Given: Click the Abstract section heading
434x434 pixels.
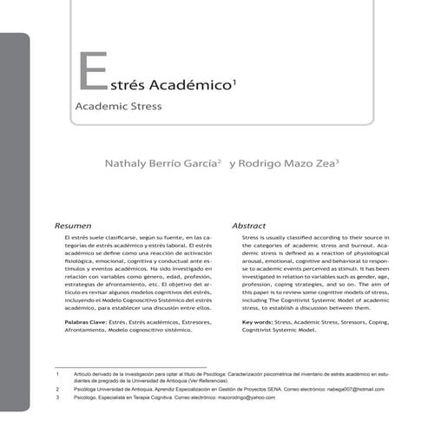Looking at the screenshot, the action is tap(248, 225).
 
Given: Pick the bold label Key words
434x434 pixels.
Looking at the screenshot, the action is tap(260, 322).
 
